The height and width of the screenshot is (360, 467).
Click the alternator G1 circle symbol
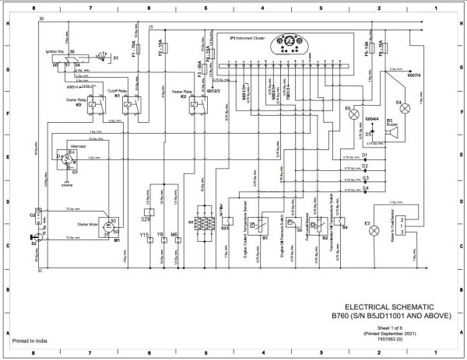pyautogui.click(x=67, y=159)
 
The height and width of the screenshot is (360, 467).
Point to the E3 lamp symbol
pyautogui.click(x=378, y=222)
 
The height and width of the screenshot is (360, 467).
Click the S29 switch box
pyautogui.click(x=149, y=210)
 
